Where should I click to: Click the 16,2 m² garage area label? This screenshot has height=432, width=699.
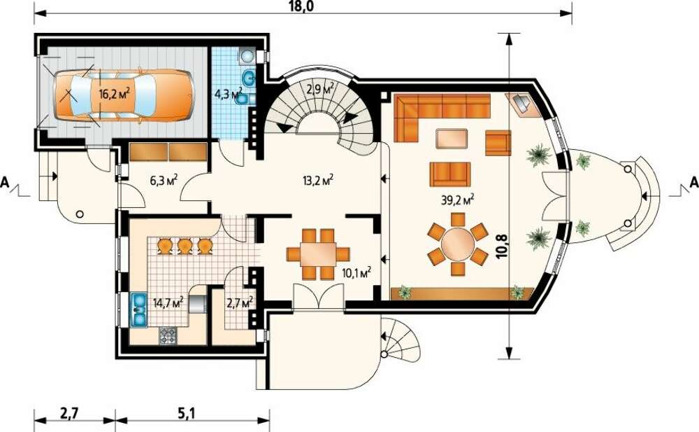coord(114,94)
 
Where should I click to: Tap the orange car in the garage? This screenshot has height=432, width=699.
coord(124,95)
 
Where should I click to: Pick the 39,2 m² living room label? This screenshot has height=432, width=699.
coord(457,200)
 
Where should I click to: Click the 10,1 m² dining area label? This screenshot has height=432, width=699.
coord(356,272)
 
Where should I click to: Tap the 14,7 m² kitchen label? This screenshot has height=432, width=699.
coord(168,303)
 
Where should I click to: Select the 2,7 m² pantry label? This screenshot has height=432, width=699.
coord(240,303)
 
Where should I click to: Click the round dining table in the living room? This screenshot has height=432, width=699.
coord(458,244)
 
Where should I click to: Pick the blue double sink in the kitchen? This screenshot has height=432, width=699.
coord(139,309)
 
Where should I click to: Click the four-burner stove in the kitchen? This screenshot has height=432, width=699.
coord(168,335)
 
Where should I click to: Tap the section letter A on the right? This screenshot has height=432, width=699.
coord(693,182)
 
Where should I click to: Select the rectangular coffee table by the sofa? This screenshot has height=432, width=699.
coord(452,139)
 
